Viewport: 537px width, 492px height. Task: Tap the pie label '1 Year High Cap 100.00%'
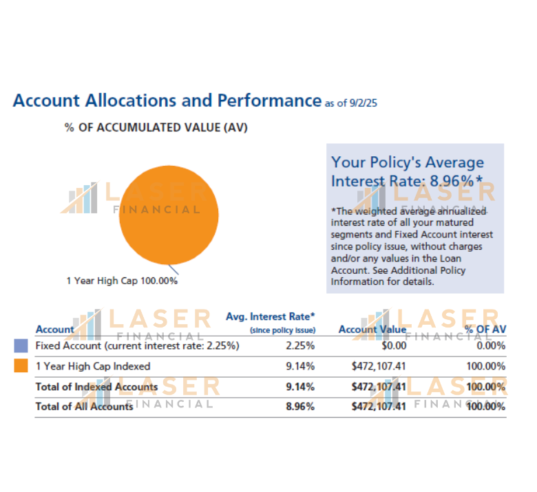122,281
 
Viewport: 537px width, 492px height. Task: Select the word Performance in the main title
269,100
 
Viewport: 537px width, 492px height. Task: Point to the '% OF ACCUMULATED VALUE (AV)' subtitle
156,128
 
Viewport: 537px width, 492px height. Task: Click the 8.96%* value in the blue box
456,181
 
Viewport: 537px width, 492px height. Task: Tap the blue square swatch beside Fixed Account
21,346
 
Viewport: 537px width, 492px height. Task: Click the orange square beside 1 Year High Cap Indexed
21,366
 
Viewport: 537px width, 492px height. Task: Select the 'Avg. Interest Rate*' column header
271,317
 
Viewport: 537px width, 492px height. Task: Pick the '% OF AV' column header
485,330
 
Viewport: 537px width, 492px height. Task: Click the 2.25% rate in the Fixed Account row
300,346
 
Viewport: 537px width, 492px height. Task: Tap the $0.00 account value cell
393,346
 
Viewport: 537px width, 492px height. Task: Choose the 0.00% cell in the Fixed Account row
491,346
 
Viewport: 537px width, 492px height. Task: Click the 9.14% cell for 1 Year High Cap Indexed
300,366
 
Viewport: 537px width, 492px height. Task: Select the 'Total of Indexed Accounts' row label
96,387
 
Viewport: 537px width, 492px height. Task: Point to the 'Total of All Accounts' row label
84,407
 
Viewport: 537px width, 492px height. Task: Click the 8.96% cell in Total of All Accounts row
300,407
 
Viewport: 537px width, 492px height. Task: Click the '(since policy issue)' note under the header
282,331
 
